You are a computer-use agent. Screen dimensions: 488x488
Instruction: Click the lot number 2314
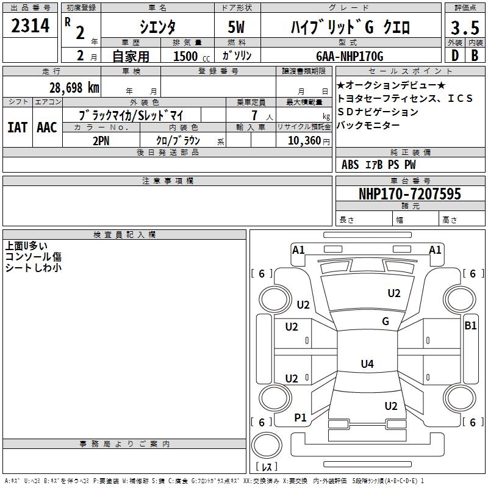click(30, 26)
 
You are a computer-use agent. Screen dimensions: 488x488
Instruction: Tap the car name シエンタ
click(157, 27)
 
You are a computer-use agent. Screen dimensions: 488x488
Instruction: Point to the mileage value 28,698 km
click(74, 87)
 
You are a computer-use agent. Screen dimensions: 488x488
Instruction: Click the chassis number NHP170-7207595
click(410, 194)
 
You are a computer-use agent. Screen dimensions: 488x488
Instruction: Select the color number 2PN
click(100, 140)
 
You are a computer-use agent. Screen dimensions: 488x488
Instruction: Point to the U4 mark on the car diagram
click(367, 364)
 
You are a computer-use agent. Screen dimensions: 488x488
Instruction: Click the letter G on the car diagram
click(385, 321)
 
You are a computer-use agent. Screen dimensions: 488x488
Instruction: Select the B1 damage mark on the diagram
click(470, 326)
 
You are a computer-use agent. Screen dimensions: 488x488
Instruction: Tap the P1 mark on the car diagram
click(301, 417)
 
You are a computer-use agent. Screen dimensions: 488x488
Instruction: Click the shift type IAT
click(17, 127)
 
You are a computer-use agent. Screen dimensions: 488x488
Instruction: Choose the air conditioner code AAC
click(47, 127)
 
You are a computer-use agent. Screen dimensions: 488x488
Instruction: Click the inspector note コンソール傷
click(34, 257)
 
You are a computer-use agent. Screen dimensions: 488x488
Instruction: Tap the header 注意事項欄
click(167, 181)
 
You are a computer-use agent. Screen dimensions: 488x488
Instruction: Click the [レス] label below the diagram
click(266, 467)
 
